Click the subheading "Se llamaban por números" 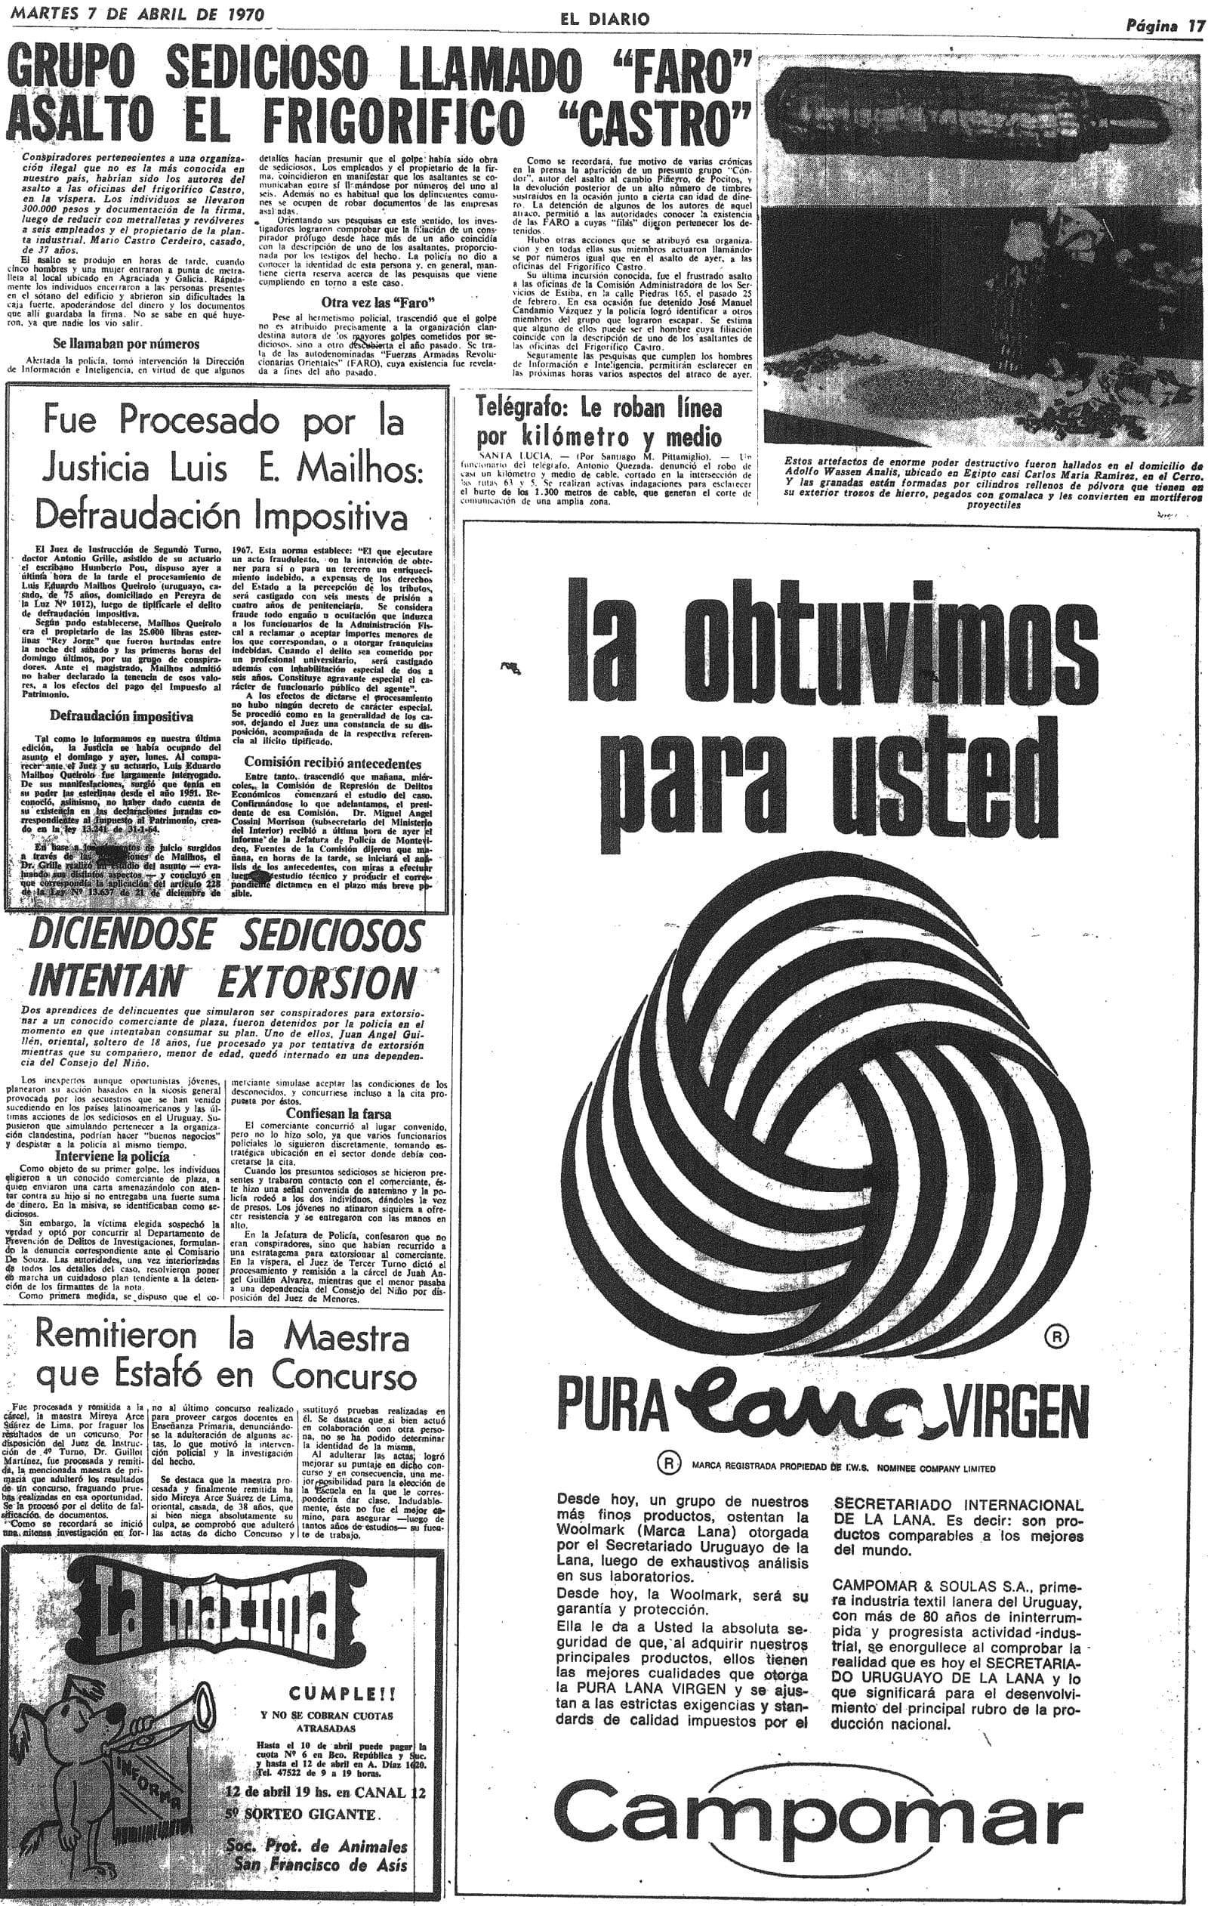[x=126, y=344]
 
